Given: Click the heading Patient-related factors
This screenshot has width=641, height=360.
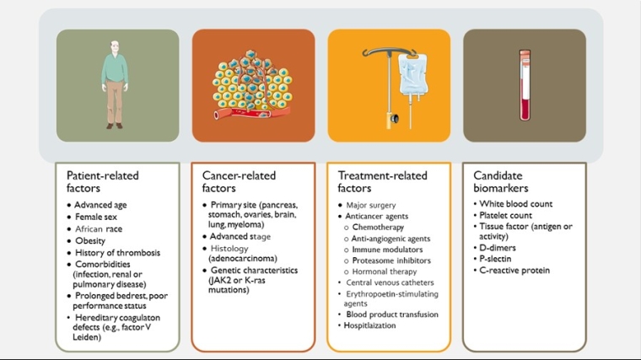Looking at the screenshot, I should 103,182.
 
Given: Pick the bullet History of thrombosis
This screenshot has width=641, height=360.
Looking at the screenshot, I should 116,252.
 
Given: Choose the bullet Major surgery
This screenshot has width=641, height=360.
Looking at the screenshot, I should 371,205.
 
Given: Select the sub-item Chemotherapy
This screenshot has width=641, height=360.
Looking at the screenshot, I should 378,227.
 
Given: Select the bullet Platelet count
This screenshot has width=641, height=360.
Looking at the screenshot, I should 506,216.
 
